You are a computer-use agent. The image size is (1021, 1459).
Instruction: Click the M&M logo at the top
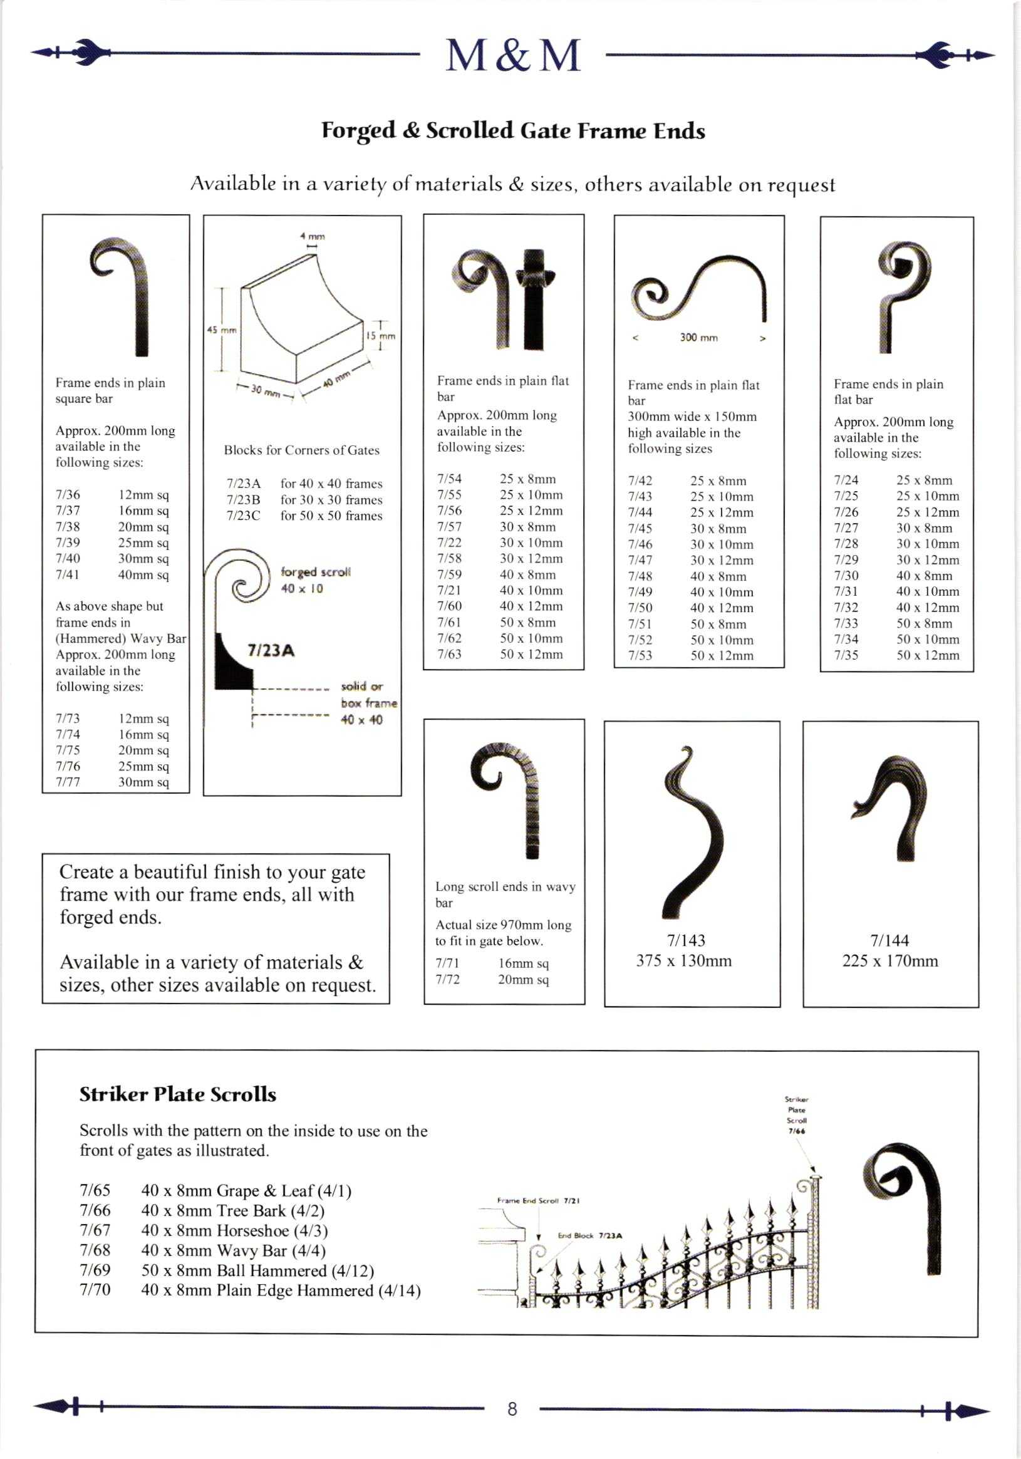point(513,55)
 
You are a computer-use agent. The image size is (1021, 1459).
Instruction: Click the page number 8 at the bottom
point(512,1409)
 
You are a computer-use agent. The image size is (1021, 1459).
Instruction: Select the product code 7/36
point(68,494)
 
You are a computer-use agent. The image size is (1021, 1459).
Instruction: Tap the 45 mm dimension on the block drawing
point(222,330)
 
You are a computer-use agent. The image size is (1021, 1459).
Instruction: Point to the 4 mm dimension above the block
point(313,236)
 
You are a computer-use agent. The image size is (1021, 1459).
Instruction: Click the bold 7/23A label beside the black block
point(271,651)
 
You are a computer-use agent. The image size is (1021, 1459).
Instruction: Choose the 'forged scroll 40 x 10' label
point(315,579)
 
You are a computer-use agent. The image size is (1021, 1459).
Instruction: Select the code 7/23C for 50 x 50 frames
point(243,516)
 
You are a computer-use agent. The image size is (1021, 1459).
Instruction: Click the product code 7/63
point(449,654)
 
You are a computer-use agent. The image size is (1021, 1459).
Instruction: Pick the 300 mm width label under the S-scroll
point(698,338)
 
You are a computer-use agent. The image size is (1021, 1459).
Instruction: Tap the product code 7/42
point(640,481)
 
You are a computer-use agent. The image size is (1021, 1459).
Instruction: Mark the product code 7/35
point(846,655)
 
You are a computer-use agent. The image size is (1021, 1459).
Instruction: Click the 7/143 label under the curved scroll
point(686,940)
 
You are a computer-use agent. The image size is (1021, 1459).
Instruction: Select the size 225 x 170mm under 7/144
point(890,960)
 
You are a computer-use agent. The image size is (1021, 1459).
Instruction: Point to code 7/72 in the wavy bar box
point(447,979)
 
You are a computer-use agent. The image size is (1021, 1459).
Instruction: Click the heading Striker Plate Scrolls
point(178,1094)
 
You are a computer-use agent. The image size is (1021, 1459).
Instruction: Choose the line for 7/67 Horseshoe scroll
point(204,1230)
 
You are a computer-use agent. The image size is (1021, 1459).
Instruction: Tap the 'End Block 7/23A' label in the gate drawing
point(589,1235)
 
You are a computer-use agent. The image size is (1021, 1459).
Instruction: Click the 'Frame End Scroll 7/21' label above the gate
point(538,1201)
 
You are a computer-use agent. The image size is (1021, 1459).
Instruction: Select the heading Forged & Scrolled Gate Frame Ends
point(513,130)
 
